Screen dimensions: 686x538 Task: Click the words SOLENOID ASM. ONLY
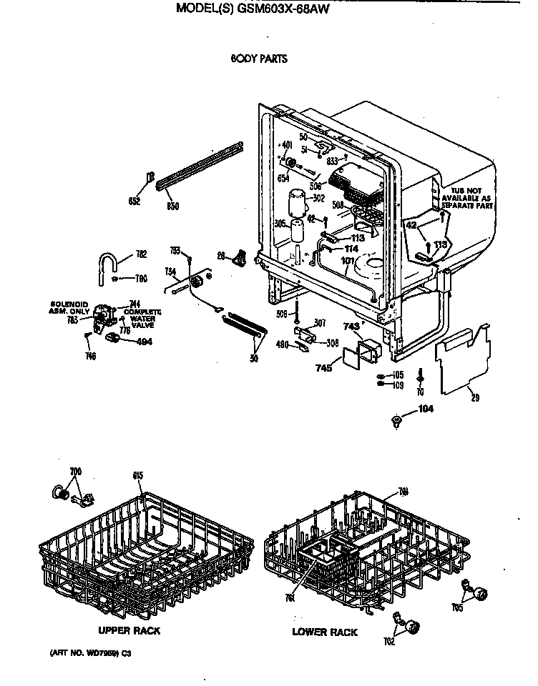(69, 307)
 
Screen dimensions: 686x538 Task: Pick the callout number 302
(318, 197)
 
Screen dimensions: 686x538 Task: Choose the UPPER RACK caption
(129, 630)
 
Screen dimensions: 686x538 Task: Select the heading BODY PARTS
(258, 59)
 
